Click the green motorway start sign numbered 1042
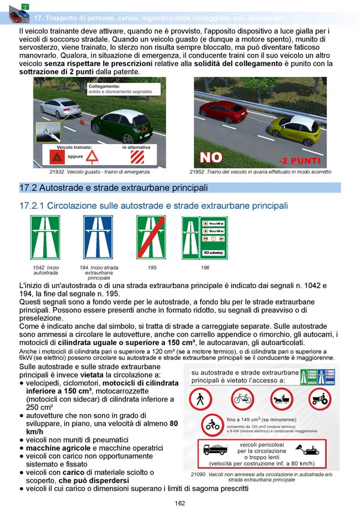point(45,238)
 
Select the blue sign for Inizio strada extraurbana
point(97,238)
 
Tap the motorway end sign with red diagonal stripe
point(151,238)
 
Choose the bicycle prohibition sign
point(242,399)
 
